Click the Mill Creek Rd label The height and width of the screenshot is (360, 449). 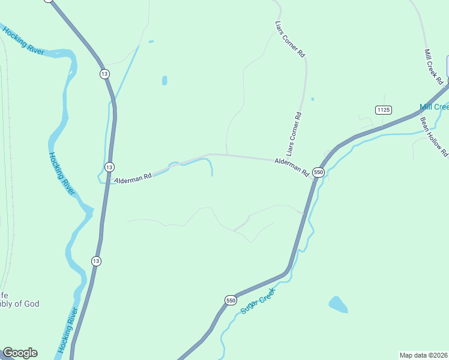point(433,66)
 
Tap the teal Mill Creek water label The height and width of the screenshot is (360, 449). point(434,107)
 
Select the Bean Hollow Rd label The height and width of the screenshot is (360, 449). point(433,136)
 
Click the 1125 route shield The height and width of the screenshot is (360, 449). point(384,109)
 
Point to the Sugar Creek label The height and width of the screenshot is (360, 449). point(257,301)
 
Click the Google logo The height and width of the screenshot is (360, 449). point(20,353)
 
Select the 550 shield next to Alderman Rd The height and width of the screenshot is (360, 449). point(318,172)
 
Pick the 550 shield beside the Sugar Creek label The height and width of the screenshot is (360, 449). point(231,300)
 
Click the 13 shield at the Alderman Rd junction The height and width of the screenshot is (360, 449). point(109,167)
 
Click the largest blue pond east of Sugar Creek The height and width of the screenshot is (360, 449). point(338,304)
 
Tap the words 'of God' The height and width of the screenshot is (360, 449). point(26,304)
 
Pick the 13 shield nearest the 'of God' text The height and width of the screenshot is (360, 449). point(96,261)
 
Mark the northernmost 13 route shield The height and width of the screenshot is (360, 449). point(104,73)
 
